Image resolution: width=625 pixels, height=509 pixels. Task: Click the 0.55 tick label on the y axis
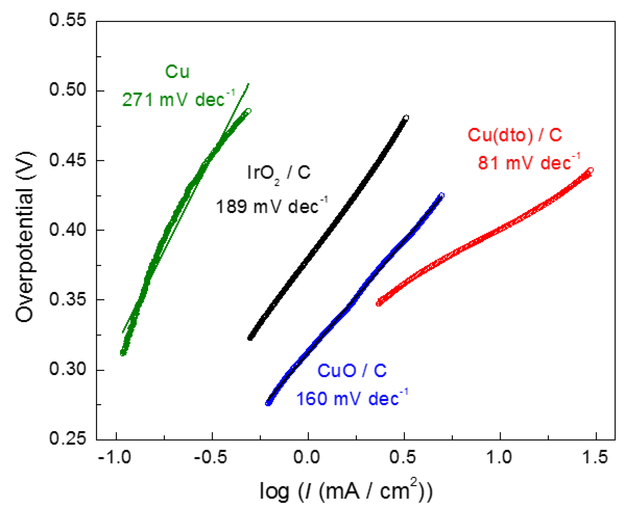[67, 20]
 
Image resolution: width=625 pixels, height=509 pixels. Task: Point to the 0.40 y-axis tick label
[67, 229]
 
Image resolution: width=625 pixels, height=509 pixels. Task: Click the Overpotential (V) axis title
[25, 236]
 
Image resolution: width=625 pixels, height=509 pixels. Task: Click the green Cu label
[177, 72]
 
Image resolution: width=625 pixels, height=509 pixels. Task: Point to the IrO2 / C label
[279, 173]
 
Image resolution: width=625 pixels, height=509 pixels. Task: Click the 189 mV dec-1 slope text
[271, 206]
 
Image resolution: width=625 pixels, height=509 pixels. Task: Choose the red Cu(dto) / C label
[515, 135]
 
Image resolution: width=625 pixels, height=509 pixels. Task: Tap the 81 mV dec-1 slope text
[528, 163]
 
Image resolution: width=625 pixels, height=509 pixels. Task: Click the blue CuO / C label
[352, 371]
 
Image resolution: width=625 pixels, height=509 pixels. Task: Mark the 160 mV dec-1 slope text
[352, 398]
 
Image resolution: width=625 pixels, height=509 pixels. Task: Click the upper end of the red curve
[590, 170]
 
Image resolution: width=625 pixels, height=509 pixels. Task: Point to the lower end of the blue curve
[268, 403]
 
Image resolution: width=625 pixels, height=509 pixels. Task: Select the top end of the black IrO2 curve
[406, 118]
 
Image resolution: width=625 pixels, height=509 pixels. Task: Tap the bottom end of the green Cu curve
[123, 353]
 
